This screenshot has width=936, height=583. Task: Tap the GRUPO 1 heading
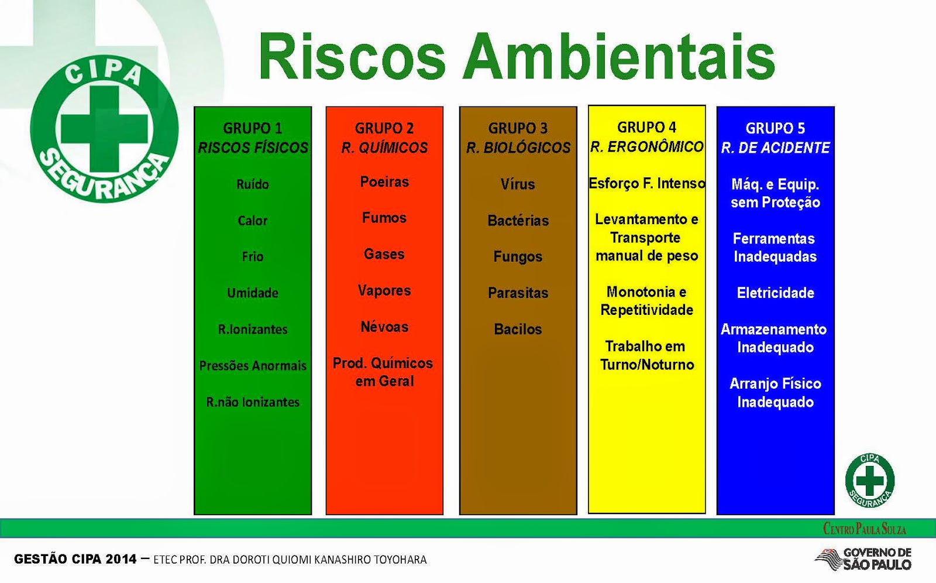253,128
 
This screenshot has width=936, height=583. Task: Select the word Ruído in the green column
253,184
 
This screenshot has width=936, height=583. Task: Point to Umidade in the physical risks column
253,293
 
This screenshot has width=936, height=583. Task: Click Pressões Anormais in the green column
253,366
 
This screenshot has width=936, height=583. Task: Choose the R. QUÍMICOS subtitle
384,148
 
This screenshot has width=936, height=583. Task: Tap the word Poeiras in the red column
384,182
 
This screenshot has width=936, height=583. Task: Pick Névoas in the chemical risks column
384,327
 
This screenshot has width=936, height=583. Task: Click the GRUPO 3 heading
518,128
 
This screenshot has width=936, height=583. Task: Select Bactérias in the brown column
518,221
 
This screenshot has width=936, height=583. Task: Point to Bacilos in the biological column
518,329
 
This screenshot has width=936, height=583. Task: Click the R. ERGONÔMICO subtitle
646,147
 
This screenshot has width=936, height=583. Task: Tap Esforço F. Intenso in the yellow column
646,183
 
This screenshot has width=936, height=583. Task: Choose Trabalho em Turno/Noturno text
646,355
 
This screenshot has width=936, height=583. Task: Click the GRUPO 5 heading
775,128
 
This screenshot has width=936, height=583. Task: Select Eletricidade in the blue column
775,293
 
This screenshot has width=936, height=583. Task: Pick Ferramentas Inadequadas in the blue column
775,248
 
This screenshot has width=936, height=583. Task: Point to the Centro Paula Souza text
865,529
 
